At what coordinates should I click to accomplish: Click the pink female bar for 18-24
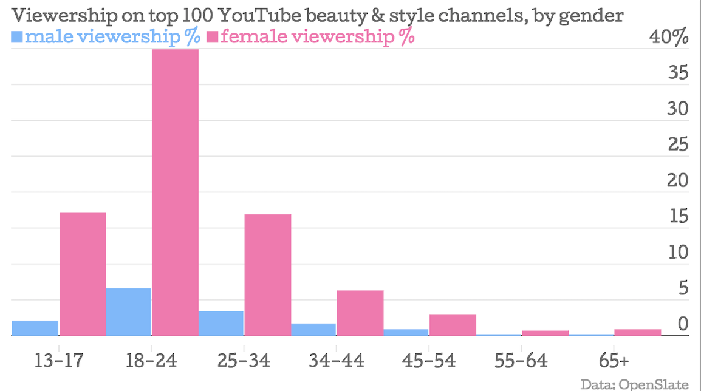click(175, 192)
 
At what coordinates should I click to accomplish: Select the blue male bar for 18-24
click(128, 311)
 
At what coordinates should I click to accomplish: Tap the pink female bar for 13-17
click(83, 273)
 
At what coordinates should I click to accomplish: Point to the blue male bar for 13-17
click(35, 328)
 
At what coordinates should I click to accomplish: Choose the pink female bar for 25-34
click(267, 274)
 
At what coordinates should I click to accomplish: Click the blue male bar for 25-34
click(221, 323)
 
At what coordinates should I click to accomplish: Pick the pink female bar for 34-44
click(360, 313)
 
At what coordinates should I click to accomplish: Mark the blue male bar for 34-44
click(313, 329)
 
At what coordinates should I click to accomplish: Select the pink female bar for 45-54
click(453, 324)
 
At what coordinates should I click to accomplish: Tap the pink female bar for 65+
click(637, 332)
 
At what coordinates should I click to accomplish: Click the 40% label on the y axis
click(669, 37)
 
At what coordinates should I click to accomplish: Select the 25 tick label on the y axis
click(678, 145)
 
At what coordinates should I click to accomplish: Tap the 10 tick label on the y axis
click(678, 253)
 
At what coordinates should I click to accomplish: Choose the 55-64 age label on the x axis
click(521, 361)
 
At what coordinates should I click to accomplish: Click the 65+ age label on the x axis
click(614, 361)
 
